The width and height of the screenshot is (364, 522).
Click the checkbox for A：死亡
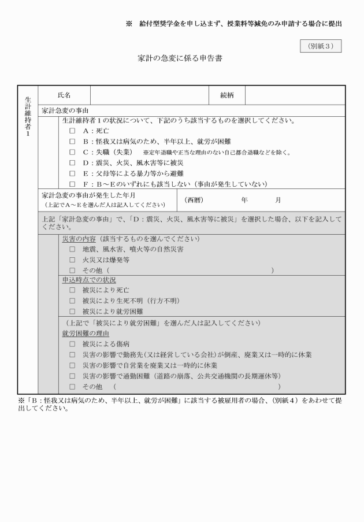tap(72, 131)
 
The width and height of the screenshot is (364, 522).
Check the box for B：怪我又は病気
tap(72, 142)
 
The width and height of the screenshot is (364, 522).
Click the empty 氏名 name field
tap(148, 94)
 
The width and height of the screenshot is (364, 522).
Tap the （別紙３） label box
tap(321, 46)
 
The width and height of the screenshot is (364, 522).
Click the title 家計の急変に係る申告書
tap(180, 59)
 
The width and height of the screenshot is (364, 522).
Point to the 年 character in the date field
tap(244, 200)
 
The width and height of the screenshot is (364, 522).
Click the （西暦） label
tap(195, 200)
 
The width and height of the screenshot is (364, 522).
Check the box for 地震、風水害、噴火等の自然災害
tap(72, 249)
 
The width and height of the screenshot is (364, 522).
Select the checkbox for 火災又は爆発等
tap(72, 260)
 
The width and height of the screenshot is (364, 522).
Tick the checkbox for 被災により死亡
tap(72, 290)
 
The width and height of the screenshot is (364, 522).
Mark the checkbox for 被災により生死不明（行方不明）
tap(72, 301)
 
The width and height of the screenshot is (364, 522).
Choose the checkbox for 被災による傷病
tap(72, 344)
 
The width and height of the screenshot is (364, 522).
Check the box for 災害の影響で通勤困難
tap(72, 376)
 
